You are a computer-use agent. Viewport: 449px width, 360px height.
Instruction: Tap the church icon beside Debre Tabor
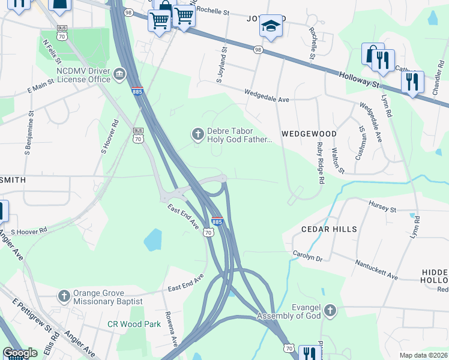[197, 135]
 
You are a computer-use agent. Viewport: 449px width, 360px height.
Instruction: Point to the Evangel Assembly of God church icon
[330, 311]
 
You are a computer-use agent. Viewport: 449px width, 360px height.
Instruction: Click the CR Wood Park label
[134, 324]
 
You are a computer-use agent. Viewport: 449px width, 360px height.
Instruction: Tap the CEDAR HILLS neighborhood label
[329, 229]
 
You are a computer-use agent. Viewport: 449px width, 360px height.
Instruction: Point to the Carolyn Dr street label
[307, 256]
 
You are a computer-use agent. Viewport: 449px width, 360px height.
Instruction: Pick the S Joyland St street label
[220, 66]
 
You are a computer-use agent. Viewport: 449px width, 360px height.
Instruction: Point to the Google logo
[20, 353]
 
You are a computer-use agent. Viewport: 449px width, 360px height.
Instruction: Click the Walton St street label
[337, 160]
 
